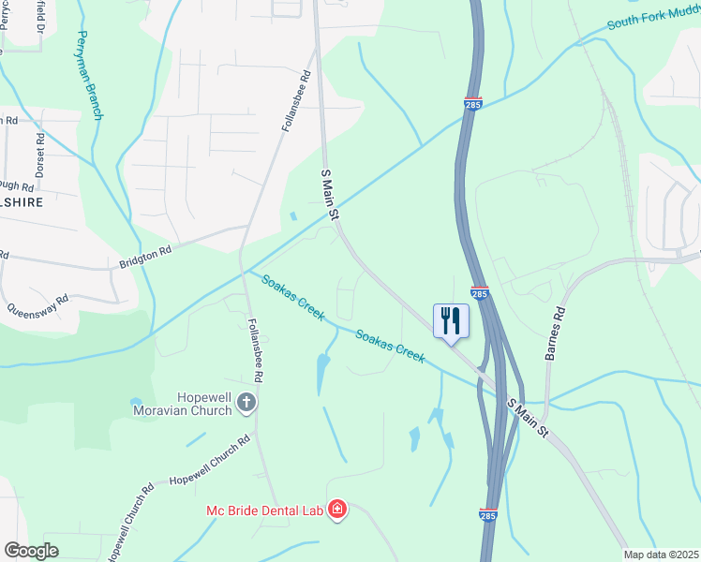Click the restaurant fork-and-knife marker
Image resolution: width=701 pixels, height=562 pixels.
451,321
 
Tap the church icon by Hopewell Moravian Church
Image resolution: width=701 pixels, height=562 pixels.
246,403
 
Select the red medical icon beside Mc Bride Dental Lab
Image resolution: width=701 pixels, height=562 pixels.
336,510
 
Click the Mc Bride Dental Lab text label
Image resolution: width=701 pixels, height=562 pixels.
264,510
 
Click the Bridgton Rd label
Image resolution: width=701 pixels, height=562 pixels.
145,258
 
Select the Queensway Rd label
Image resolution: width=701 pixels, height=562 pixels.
38,305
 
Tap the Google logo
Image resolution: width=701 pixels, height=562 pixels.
32,551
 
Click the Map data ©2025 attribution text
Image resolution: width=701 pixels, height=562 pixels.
661,555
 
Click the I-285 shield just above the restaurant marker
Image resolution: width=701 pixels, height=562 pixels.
479,294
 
